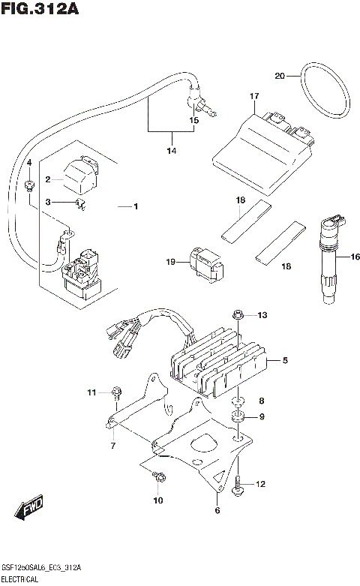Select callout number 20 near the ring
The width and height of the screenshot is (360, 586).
(280, 76)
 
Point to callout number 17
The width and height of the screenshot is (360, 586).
(254, 96)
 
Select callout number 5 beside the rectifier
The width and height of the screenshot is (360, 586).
(286, 360)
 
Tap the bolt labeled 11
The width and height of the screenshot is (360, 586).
(116, 391)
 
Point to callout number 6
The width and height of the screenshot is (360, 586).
(217, 510)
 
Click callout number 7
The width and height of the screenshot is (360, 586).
(112, 446)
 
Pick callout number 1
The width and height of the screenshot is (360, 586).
(136, 206)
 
